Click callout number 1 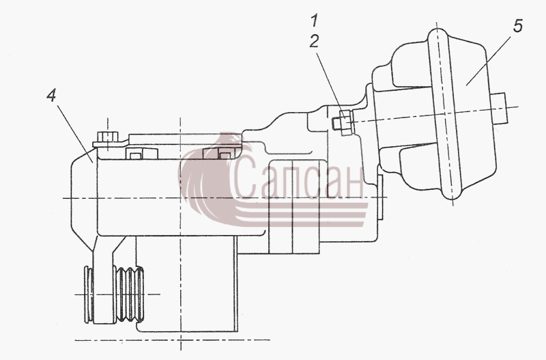tap(315, 20)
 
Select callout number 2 tap(314, 42)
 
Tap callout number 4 tap(52, 95)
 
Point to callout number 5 tap(518, 26)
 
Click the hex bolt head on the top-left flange tap(108, 136)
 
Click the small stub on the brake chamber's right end tap(500, 108)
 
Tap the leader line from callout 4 tap(74, 133)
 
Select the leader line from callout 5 tap(489, 60)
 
